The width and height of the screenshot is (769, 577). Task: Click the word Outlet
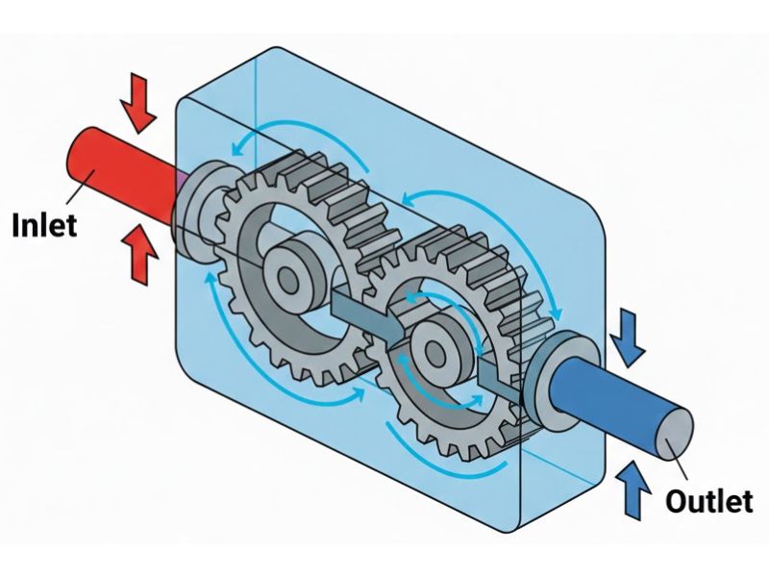pyautogui.click(x=709, y=501)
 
